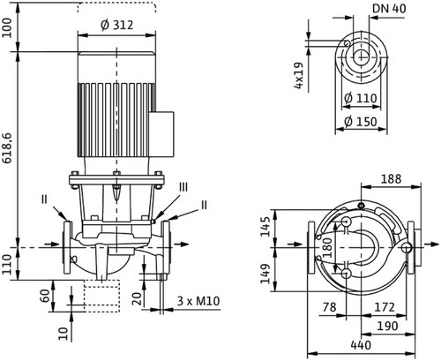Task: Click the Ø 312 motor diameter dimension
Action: point(116,25)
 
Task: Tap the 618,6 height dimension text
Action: point(7,147)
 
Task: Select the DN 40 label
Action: point(389,9)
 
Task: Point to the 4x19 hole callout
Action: point(298,76)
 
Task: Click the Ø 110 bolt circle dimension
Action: point(361,98)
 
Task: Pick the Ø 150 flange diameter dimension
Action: point(361,122)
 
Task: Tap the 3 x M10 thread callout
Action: point(198,301)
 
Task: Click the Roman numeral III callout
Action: point(183,187)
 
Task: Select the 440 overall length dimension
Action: point(361,345)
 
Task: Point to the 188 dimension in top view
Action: point(391,179)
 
